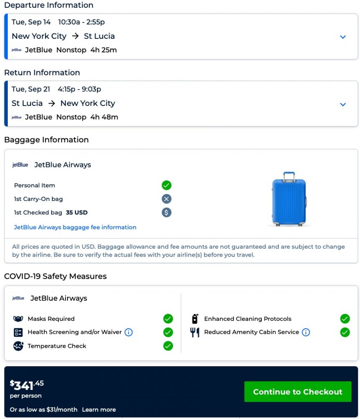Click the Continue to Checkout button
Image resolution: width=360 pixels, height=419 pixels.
[x=297, y=392]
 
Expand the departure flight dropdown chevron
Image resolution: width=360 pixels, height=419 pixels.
[x=343, y=37]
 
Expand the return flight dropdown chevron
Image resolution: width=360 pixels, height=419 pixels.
[x=343, y=104]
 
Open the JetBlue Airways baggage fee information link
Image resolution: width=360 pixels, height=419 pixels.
[x=75, y=227]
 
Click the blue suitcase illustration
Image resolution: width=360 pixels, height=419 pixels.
[x=288, y=199]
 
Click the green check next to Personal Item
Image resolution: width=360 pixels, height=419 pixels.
[x=166, y=185]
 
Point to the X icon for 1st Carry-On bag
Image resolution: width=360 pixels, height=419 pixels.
[x=166, y=199]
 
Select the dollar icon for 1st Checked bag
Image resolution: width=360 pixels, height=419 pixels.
[x=166, y=212]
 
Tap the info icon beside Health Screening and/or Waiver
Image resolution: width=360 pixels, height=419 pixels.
[x=128, y=332]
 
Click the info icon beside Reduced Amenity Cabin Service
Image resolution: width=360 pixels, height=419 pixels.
[x=306, y=332]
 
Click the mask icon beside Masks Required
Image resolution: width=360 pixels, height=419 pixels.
[x=18, y=319]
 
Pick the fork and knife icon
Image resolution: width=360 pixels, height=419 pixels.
[x=195, y=332]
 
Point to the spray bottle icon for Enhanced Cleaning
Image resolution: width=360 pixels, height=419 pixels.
[x=195, y=319]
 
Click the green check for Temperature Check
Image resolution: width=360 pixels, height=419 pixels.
[x=168, y=346]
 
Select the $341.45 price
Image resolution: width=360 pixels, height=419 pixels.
[x=27, y=385]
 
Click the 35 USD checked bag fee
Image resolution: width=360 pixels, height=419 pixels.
[x=76, y=212]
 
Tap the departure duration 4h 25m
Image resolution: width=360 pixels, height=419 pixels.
[x=103, y=50]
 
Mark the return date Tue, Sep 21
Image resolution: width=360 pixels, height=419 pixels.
[x=31, y=89]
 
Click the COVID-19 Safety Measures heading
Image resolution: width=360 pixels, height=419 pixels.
[x=55, y=276]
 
